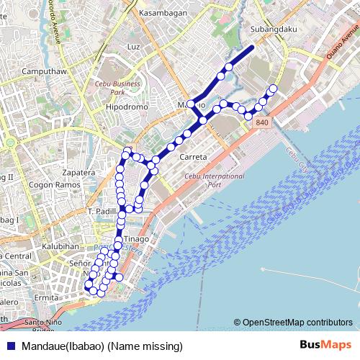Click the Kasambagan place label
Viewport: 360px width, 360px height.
pyautogui.click(x=165, y=13)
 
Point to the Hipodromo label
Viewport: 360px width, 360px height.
pyautogui.click(x=127, y=105)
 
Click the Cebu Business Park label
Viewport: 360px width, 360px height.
pyautogui.click(x=120, y=88)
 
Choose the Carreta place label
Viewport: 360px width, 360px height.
pyautogui.click(x=193, y=156)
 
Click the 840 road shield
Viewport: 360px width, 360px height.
pyautogui.click(x=261, y=124)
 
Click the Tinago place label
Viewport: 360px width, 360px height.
pyautogui.click(x=136, y=238)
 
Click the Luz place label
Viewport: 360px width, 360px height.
pyautogui.click(x=132, y=46)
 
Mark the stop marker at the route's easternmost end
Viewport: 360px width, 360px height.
pyautogui.click(x=273, y=89)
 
